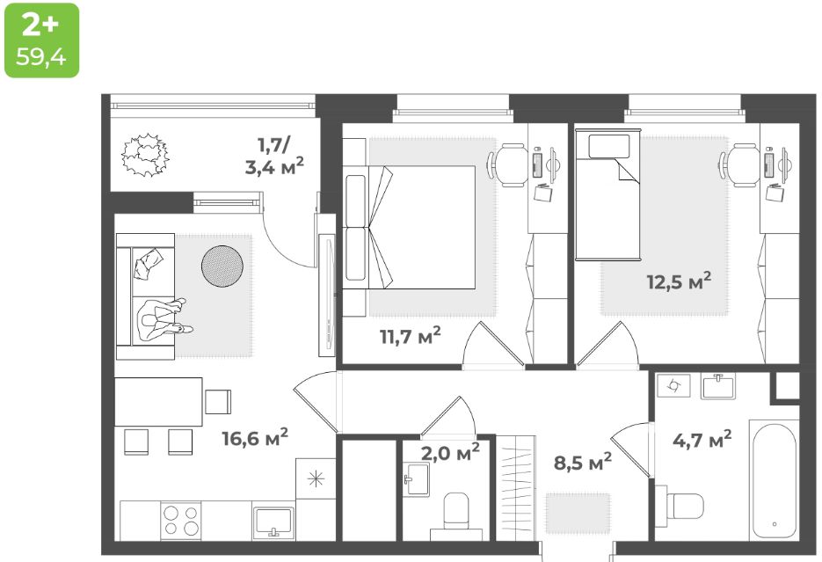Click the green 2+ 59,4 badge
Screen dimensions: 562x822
coord(41,40)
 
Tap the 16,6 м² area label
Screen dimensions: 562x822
coord(255,437)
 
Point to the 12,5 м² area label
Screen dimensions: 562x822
coord(676,282)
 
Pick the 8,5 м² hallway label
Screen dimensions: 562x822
coord(582,461)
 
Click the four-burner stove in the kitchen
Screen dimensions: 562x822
coord(181,522)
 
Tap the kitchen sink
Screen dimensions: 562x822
coord(273,522)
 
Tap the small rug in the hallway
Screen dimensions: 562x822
coord(577,511)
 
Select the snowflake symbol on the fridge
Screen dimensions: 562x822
coord(316,478)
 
